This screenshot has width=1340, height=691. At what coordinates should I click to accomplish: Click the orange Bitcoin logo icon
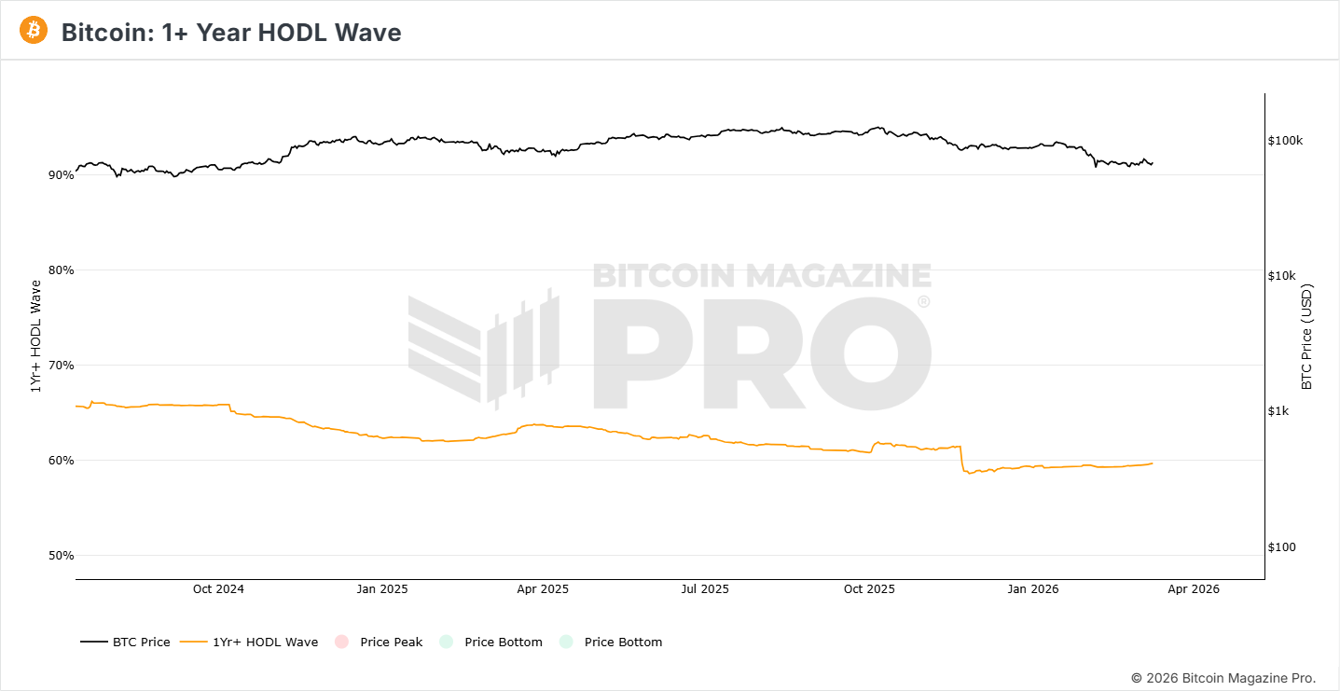point(34,31)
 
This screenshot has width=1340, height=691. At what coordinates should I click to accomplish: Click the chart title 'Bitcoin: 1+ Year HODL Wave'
point(231,33)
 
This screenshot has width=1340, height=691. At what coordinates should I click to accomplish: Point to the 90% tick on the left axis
point(61,175)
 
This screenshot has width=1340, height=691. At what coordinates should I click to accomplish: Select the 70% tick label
point(61,366)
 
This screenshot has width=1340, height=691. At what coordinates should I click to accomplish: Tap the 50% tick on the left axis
point(61,556)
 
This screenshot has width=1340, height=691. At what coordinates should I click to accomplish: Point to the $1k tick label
point(1279,411)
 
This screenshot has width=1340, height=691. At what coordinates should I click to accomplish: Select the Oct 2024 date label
point(218,589)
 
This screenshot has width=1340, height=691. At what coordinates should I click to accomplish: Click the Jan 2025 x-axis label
point(381,589)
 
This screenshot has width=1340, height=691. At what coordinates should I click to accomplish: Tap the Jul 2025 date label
point(705,589)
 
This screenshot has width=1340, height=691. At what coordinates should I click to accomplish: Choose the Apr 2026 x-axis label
point(1194,589)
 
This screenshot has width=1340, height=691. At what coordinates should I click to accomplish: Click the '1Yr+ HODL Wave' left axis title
point(36,337)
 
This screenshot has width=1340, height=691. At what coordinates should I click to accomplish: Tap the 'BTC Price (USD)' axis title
point(1306,337)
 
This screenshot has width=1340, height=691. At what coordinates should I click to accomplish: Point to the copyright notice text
point(1223,678)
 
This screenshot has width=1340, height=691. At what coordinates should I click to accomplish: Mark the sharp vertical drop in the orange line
point(960,459)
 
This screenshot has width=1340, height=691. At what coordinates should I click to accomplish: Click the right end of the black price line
point(1153,163)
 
